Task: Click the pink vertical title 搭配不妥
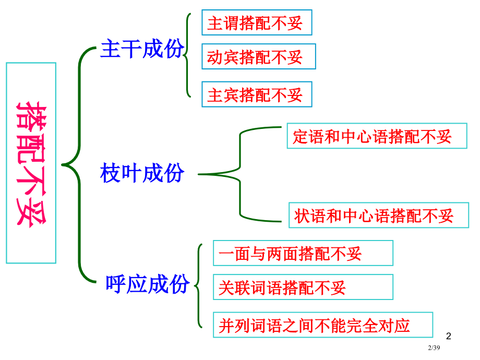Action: (x=31, y=163)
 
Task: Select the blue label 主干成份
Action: (x=142, y=50)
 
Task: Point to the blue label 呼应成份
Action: (x=148, y=284)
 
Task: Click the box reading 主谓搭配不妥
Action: (x=257, y=23)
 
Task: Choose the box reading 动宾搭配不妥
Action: (x=259, y=56)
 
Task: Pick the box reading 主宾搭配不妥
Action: (x=257, y=94)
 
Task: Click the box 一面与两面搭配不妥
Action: (x=303, y=254)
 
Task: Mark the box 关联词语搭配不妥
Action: (x=303, y=287)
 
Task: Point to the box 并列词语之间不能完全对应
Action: (x=323, y=325)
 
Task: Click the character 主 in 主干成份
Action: (x=110, y=50)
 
